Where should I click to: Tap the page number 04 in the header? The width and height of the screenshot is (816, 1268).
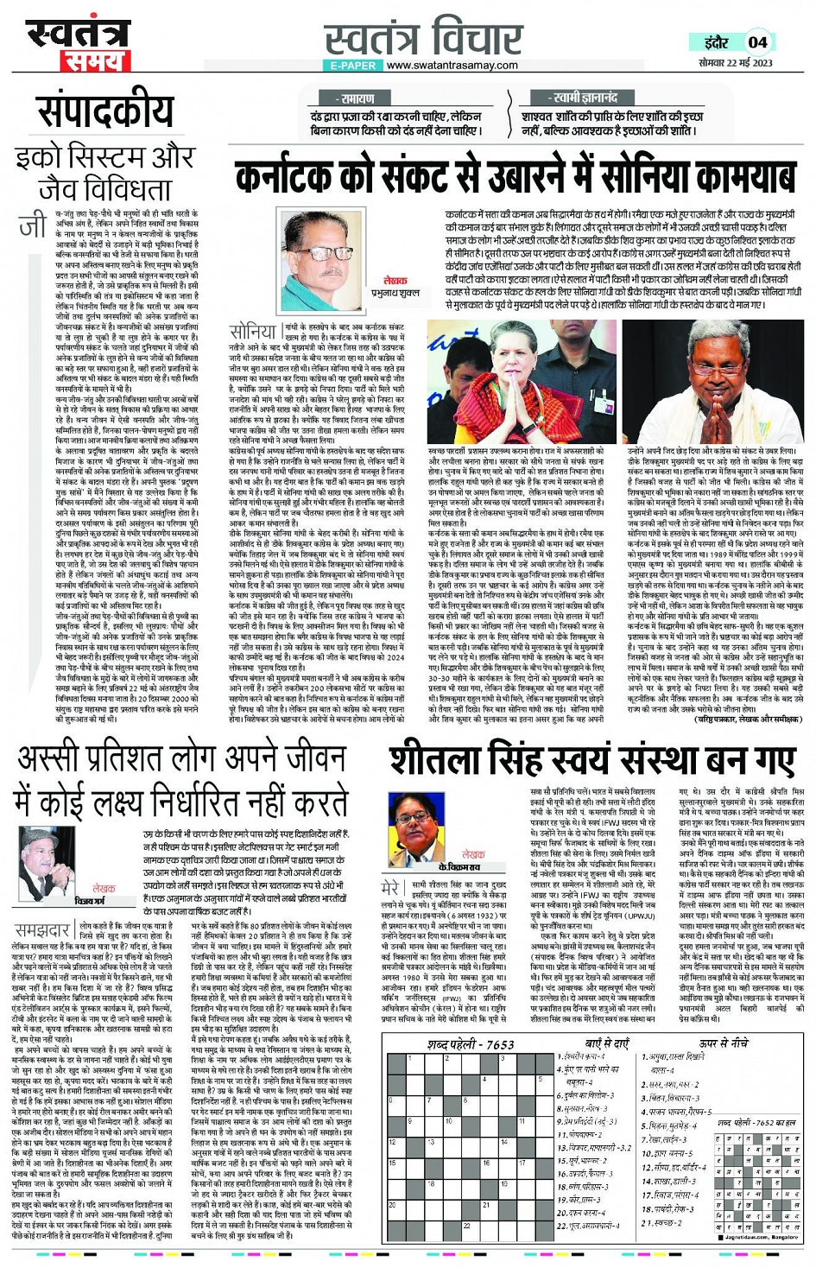[x=756, y=41]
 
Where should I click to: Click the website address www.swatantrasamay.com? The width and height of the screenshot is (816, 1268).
[x=452, y=66]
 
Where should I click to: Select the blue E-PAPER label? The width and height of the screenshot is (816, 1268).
[x=352, y=66]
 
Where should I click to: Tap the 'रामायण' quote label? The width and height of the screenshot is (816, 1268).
[x=357, y=99]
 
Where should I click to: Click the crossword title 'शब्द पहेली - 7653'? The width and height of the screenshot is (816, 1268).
[x=470, y=1043]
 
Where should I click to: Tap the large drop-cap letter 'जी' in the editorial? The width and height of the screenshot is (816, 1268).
[x=32, y=226]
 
